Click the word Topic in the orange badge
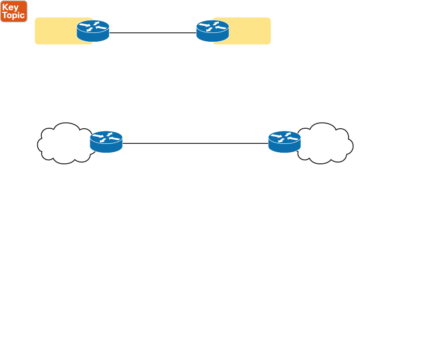coord(14,15)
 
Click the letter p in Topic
coord(15,16)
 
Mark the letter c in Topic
coord(23,16)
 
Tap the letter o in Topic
coord(9,16)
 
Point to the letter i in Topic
coord(19,15)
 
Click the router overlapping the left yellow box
coord(93,31)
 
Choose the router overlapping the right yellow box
coord(213,31)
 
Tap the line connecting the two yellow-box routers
coord(153,32)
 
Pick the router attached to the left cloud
coord(106,142)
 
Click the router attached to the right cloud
coord(285,142)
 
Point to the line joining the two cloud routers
coord(195,143)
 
